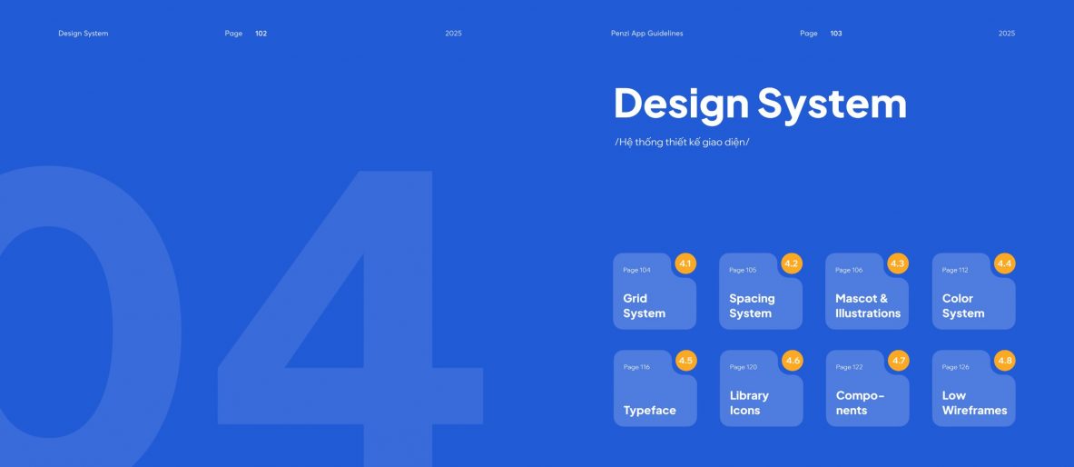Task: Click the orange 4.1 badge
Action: (685, 263)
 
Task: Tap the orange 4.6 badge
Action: (793, 361)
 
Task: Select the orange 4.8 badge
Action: (1005, 361)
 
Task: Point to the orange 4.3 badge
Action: (898, 263)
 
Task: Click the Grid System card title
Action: (644, 306)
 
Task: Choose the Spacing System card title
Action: (752, 306)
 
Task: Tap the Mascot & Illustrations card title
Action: (868, 306)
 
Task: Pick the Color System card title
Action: (963, 306)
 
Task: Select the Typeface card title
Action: (649, 411)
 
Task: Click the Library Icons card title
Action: (749, 403)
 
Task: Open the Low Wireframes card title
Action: (975, 403)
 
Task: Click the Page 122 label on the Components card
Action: (850, 368)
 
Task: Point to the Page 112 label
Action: (955, 270)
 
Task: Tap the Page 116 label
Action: (636, 368)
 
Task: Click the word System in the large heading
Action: (833, 104)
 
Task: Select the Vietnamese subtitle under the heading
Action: (682, 143)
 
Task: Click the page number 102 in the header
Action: (261, 34)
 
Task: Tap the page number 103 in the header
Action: (836, 34)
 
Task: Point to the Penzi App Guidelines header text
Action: (646, 34)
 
